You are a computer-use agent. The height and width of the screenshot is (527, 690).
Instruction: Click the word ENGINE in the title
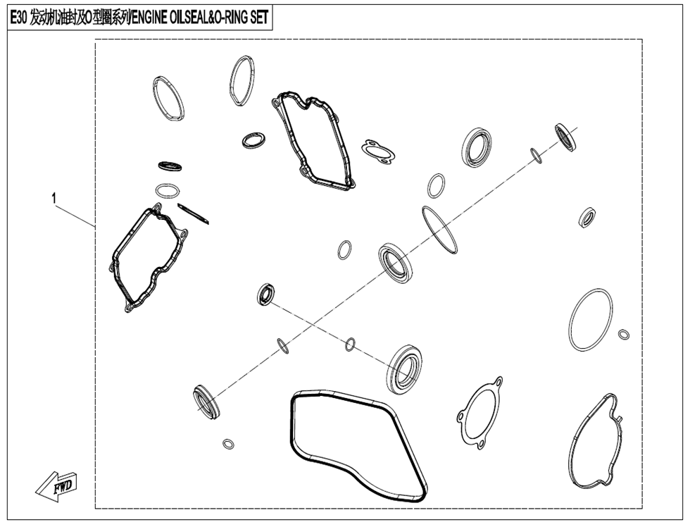tap(149, 18)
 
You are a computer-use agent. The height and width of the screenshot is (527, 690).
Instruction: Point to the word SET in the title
tap(258, 18)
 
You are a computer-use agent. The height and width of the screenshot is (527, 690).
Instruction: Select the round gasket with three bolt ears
tap(479, 412)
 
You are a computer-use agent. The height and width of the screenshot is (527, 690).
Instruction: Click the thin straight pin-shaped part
tap(194, 213)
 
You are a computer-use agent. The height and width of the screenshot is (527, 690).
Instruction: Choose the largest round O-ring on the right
tap(590, 319)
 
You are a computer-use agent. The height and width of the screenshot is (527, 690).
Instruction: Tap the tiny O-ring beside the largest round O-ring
tap(624, 334)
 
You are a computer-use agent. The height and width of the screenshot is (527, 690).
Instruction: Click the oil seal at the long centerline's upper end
tap(567, 137)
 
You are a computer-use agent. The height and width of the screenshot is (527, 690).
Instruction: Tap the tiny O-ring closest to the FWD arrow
tap(228, 444)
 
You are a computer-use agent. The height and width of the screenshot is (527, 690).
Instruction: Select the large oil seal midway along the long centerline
tap(396, 262)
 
